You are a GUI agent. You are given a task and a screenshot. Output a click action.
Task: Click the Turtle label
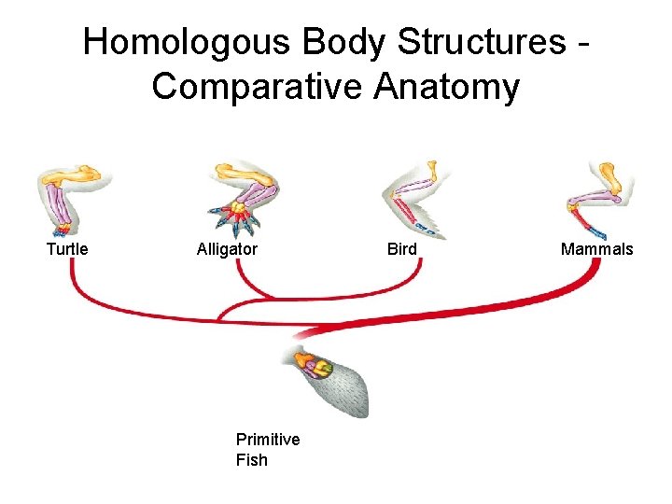(x=67, y=249)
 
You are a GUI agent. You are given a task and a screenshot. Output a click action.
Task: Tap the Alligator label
(x=227, y=249)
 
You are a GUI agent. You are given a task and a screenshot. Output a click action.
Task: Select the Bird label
(x=402, y=249)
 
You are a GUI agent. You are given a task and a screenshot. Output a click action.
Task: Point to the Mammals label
(x=596, y=249)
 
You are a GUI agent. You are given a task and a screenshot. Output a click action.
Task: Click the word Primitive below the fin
(x=268, y=440)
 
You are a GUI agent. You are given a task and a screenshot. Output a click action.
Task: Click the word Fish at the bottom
(x=252, y=460)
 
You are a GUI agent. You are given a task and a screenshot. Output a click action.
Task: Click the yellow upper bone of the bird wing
(x=432, y=174)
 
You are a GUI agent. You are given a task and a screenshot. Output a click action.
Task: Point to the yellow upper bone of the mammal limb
(x=608, y=175)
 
